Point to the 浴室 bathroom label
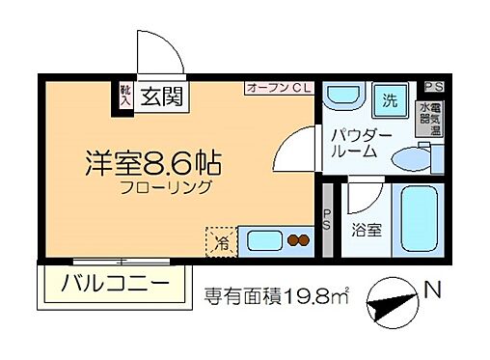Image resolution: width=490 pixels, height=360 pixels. (366, 233)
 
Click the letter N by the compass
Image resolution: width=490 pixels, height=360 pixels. (436, 290)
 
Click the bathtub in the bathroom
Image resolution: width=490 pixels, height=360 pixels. (417, 222)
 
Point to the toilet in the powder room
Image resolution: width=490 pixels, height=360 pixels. (414, 157)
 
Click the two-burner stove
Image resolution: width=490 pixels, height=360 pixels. (297, 239)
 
